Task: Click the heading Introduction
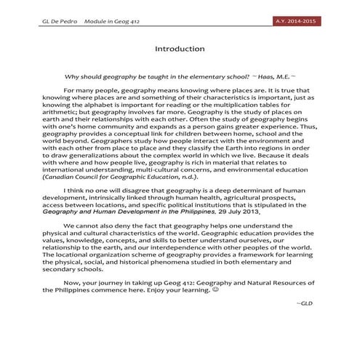[x=180, y=49]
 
